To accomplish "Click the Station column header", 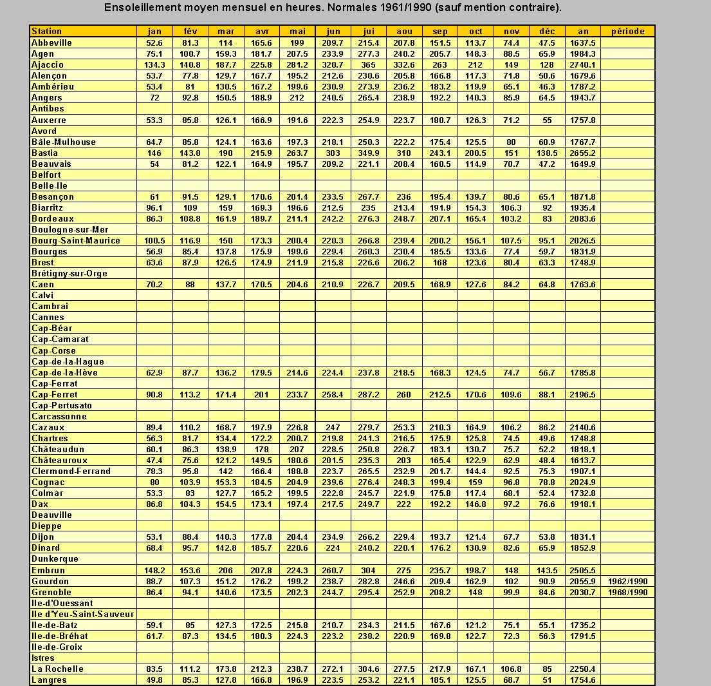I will tap(47, 31).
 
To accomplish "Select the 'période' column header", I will tap(628, 31).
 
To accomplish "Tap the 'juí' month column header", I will tap(369, 31).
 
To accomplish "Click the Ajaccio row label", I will tap(48, 64).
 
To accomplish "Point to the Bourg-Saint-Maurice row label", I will tap(76, 240).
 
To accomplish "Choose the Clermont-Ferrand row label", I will tap(71, 471).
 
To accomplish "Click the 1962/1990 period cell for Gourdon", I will tap(628, 581).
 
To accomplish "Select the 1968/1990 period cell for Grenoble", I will tap(628, 592).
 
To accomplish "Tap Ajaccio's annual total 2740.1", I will tap(583, 64).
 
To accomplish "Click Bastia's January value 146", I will tap(154, 153).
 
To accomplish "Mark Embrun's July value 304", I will tap(369, 570).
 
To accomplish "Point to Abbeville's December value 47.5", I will tap(547, 43).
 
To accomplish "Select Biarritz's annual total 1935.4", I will tap(583, 207).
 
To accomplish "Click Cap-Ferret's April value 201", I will tap(261, 394).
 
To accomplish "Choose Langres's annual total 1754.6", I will tap(583, 680).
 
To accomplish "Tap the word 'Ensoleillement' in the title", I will tap(142, 8).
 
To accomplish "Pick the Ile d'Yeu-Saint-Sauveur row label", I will tap(83, 614).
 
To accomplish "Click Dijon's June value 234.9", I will tap(333, 537).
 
